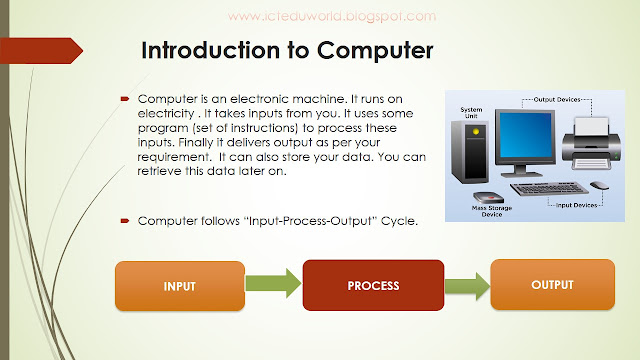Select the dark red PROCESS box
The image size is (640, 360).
tap(373, 286)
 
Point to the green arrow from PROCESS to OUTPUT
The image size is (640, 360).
tap(465, 285)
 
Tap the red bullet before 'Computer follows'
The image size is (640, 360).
tap(126, 219)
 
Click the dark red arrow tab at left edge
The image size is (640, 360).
tap(40, 51)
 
